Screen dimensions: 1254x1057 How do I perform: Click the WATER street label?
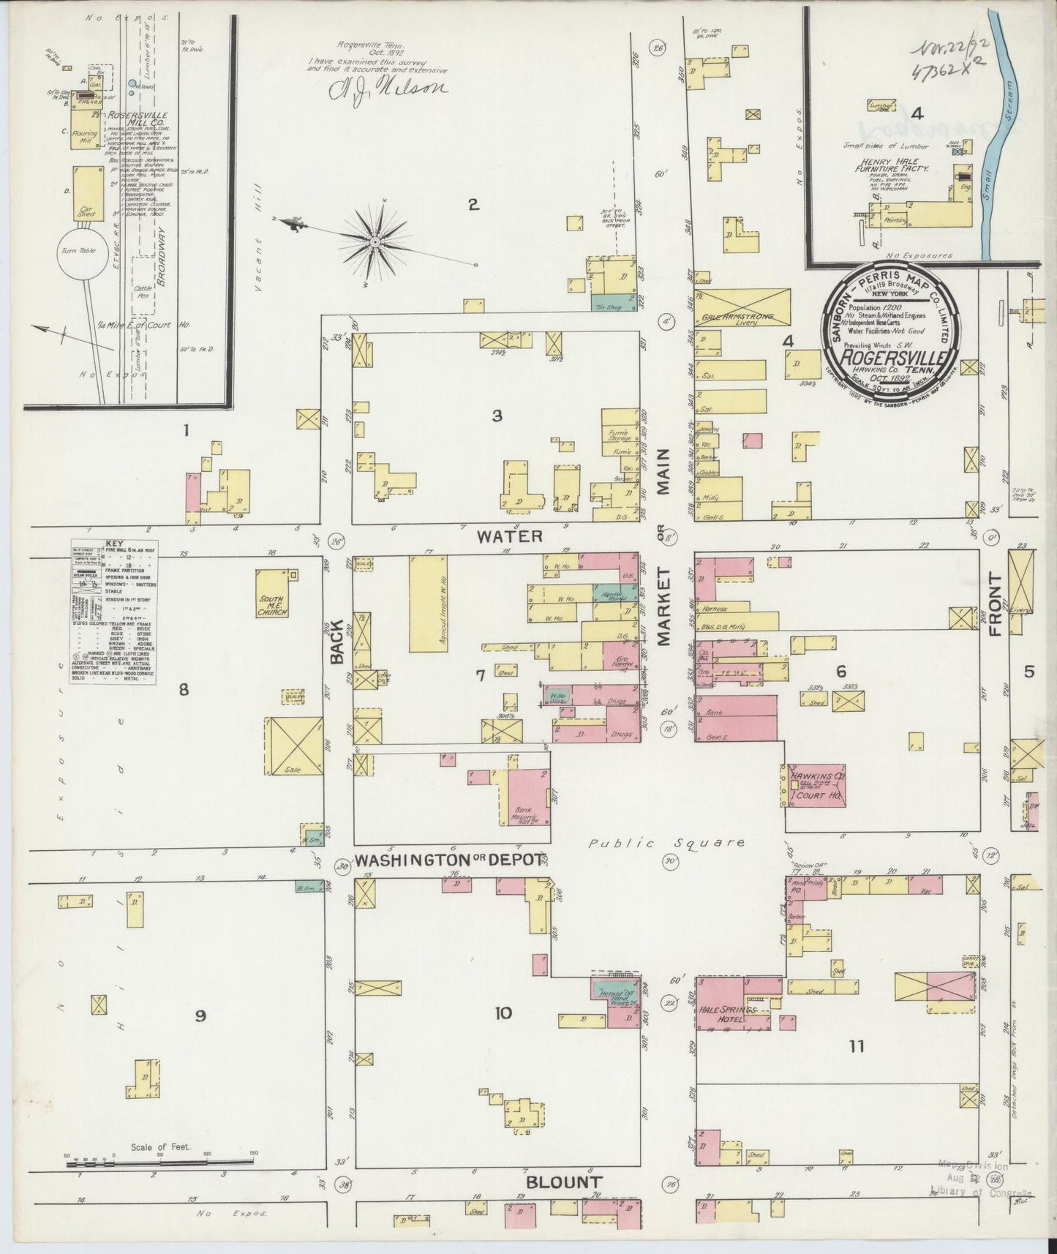click(x=510, y=536)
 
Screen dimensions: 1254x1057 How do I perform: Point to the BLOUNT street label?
click(x=564, y=1182)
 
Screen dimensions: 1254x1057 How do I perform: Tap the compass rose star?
click(x=375, y=241)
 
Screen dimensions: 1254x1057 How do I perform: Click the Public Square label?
click(x=667, y=843)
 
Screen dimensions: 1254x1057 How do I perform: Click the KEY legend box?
click(x=113, y=611)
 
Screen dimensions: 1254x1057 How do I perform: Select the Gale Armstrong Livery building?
click(x=745, y=307)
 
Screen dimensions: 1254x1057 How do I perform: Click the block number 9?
click(x=200, y=1015)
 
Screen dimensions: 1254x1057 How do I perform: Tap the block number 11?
click(x=856, y=1046)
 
